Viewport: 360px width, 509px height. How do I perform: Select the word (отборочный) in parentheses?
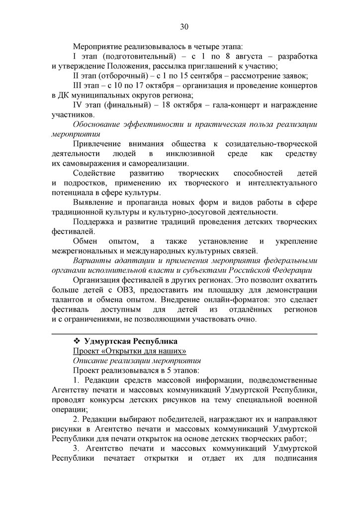[120, 76]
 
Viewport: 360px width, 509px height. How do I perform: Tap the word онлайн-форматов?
[226, 299]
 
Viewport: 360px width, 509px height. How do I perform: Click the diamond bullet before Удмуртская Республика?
[77, 341]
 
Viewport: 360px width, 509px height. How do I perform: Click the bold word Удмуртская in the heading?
[106, 341]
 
